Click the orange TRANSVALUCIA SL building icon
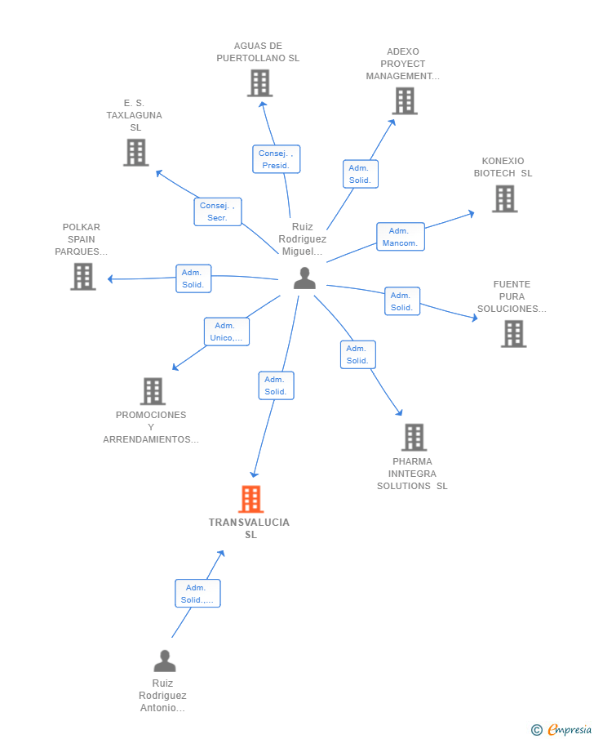tap(250, 499)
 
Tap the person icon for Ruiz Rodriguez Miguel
tap(304, 278)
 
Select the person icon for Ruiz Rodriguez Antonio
tap(164, 661)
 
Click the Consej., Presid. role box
tap(276, 159)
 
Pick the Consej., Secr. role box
tap(218, 211)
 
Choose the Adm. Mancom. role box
tap(401, 237)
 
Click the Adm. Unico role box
tap(227, 332)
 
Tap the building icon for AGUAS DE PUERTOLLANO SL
tap(259, 83)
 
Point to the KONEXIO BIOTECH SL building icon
tap(504, 198)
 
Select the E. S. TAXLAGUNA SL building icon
tap(136, 152)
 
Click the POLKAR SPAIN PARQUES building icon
tap(83, 276)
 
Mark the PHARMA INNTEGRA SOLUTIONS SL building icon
tap(414, 438)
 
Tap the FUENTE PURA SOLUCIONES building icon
tap(513, 334)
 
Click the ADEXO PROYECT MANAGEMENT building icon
tap(405, 101)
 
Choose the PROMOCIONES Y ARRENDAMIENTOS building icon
tap(153, 391)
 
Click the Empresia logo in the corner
tap(561, 729)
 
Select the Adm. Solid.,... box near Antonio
tap(197, 594)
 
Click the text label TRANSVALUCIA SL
tap(249, 528)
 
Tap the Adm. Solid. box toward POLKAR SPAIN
tap(193, 278)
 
